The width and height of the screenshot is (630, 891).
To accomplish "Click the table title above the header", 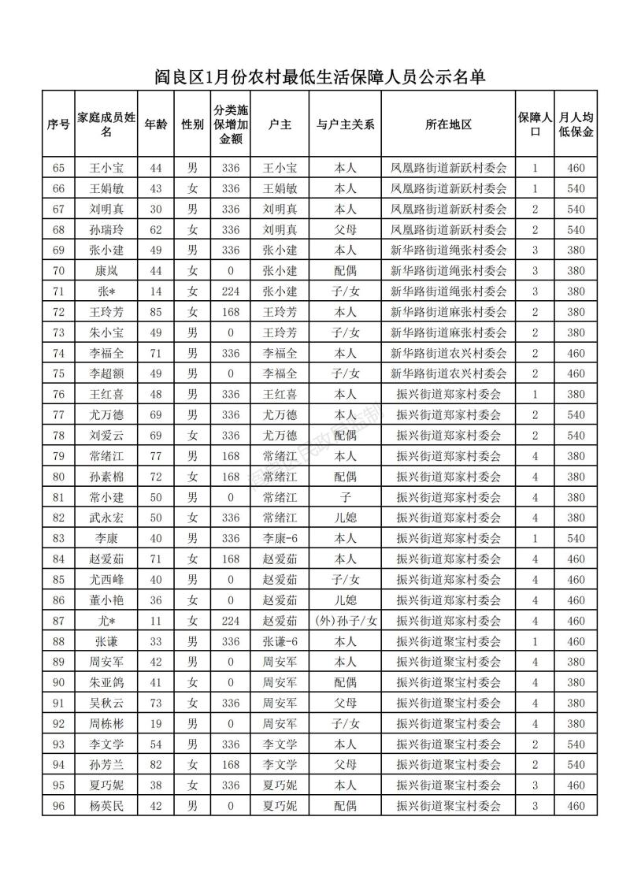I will [318, 77].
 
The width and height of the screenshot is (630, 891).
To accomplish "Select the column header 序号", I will [58, 124].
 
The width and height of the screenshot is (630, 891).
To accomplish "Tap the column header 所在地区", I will [448, 124].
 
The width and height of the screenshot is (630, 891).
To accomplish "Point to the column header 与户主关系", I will [345, 124].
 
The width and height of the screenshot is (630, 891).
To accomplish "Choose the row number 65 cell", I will [58, 168].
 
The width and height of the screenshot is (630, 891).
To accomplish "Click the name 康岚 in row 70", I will [107, 271].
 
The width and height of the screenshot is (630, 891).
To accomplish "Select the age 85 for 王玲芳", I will [155, 312].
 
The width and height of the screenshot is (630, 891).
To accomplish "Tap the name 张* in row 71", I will [107, 291].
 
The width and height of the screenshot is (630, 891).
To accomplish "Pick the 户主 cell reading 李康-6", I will [280, 539].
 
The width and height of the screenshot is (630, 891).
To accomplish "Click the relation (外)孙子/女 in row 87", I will [345, 621].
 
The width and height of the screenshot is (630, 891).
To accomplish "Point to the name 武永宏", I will [107, 518].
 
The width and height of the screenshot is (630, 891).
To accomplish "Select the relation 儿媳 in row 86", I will [345, 600].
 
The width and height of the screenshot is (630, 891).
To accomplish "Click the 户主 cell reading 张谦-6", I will [280, 641].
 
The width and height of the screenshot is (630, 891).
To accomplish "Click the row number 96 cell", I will [58, 806].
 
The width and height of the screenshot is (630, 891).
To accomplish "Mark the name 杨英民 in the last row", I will [107, 806].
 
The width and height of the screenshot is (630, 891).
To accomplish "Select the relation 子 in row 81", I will [345, 497].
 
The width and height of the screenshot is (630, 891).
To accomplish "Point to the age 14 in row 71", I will [155, 291].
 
